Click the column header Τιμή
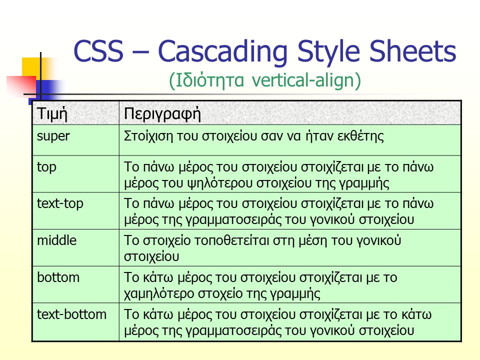pyautogui.click(x=52, y=114)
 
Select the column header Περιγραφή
pyautogui.click(x=162, y=114)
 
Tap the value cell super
pyautogui.click(x=53, y=136)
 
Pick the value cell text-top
pyautogui.click(x=60, y=204)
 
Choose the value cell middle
pyautogui.click(x=56, y=240)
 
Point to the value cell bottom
pyautogui.click(x=58, y=277)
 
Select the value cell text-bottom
pyautogui.click(x=71, y=314)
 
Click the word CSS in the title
pyautogui.click(x=98, y=51)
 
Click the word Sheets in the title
pyautogui.click(x=412, y=50)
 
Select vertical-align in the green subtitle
pyautogui.click(x=303, y=80)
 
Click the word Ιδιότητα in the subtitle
pyautogui.click(x=210, y=80)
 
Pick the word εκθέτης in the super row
pyautogui.click(x=360, y=136)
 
